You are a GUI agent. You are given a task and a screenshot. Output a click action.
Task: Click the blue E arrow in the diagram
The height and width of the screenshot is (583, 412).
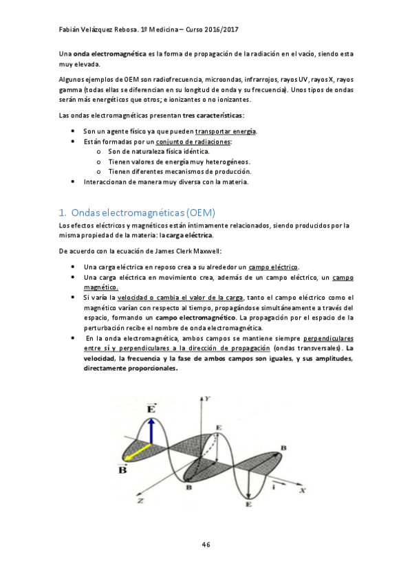pyautogui.click(x=151, y=428)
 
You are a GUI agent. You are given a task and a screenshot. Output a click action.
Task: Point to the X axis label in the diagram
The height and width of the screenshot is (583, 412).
pyautogui.click(x=302, y=491)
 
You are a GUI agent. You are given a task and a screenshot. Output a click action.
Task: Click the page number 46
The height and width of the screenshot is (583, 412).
pyautogui.click(x=206, y=544)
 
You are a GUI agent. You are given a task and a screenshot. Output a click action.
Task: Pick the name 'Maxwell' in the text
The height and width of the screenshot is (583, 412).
pyautogui.click(x=206, y=250)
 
